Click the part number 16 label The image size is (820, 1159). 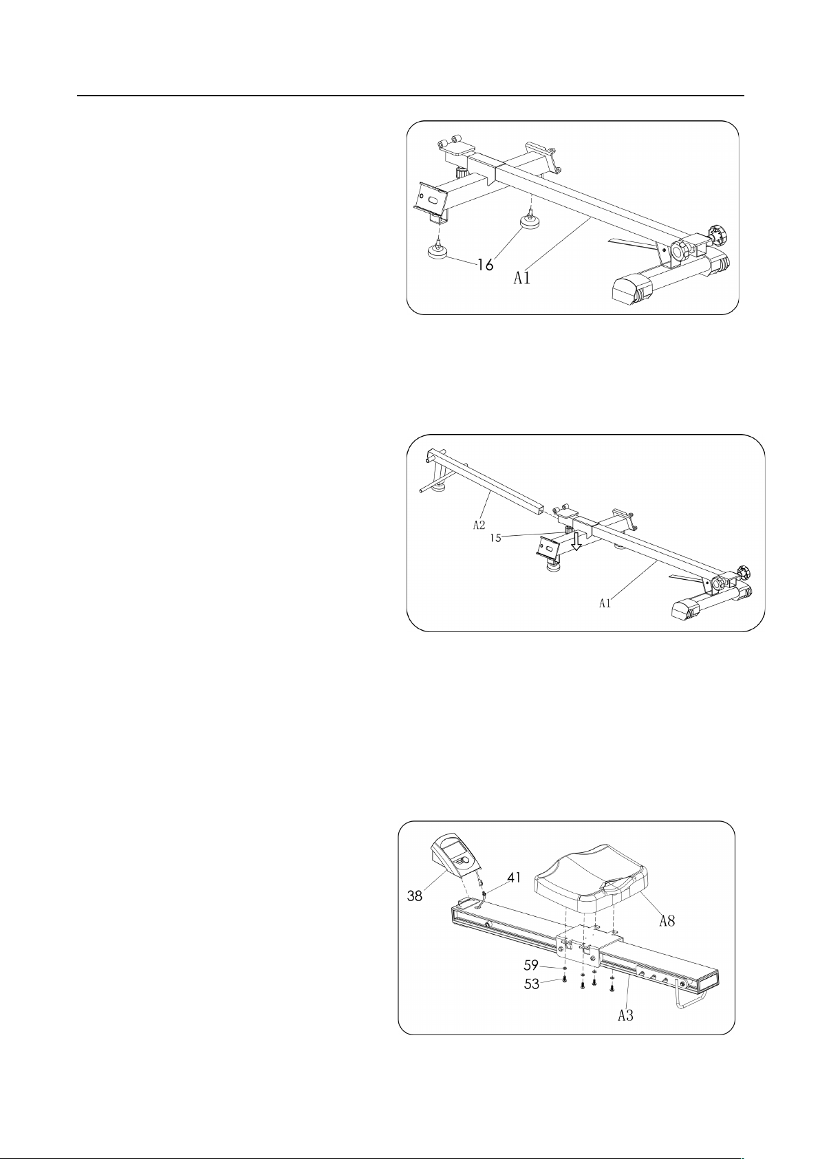coord(484,264)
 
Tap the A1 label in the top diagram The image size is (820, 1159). coord(521,279)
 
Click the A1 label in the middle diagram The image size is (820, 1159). coord(605,603)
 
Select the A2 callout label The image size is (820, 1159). coord(479,525)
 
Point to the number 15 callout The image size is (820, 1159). coord(495,538)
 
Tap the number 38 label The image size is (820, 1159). coord(415,895)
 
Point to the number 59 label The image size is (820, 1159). coord(531,965)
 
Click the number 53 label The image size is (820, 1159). coord(531,984)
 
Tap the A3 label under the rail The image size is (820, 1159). coord(625,1015)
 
